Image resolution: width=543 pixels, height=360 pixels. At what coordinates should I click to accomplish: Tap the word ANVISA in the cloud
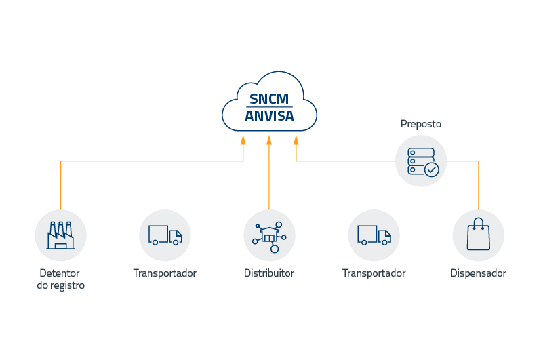270,116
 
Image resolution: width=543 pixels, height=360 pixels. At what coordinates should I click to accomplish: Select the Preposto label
420,124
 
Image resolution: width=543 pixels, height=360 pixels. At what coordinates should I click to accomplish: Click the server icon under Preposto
421,161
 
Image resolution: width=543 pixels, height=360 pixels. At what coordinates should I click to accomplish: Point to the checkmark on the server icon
431,169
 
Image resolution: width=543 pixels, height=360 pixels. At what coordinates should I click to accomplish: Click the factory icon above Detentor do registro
60,235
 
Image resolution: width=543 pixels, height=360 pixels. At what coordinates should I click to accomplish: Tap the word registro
67,286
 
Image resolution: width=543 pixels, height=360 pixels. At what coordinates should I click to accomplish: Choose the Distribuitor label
269,273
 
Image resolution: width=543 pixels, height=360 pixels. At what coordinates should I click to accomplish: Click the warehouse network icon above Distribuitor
269,235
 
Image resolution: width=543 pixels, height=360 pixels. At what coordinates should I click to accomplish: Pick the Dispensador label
478,273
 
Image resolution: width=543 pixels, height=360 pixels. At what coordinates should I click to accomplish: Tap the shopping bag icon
478,235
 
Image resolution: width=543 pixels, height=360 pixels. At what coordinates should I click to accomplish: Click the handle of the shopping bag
478,222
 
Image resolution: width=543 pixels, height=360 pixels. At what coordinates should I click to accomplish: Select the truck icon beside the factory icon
165,235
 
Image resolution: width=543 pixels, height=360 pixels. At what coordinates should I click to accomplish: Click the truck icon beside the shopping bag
374,235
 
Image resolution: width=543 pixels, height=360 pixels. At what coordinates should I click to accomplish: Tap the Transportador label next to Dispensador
374,273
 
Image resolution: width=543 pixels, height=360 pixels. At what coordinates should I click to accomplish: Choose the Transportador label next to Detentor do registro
165,273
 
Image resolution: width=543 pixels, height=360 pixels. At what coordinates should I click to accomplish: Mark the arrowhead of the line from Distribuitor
269,140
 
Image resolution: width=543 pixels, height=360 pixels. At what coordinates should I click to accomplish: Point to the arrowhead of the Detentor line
243,140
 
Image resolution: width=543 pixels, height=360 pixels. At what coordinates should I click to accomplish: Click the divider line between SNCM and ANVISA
270,106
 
